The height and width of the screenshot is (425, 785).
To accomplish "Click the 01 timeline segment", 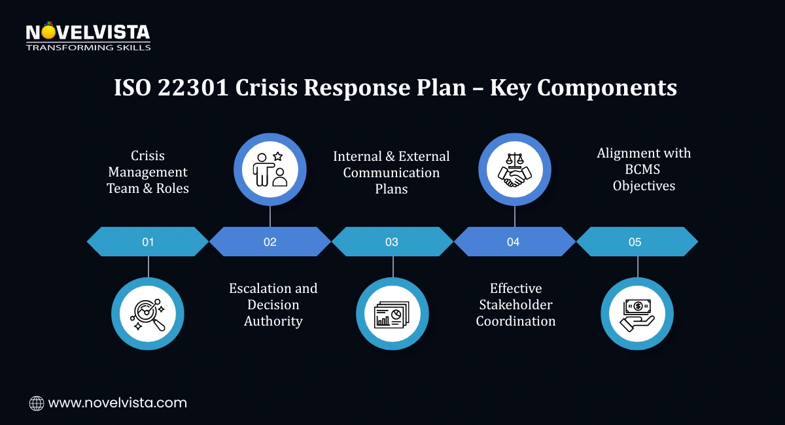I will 148,242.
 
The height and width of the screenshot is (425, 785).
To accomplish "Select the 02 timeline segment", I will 270,242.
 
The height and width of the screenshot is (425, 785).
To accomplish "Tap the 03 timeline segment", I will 391,242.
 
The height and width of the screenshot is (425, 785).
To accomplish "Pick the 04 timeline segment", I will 514,242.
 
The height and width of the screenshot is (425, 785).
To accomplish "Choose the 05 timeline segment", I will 635,242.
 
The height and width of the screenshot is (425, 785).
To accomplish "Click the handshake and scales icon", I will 515,170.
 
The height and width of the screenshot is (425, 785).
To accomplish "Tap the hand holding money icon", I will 637,313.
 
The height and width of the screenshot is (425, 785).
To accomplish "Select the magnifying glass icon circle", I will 148,313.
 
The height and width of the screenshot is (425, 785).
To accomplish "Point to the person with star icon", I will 270,170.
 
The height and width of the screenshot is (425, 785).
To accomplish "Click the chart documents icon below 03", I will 392,313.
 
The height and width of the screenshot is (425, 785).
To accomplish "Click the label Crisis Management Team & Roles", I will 148,172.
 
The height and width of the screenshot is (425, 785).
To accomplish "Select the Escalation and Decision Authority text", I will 273,305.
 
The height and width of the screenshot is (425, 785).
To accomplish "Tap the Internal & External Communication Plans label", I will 391,173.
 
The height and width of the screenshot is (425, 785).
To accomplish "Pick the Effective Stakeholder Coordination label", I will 515,305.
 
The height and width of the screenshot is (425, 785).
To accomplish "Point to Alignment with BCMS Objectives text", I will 644,169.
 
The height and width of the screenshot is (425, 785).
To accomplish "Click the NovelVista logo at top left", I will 88,37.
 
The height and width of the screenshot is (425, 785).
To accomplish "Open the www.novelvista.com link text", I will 118,403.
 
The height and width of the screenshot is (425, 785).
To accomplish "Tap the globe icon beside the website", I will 37,403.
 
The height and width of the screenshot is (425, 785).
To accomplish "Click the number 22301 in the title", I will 194,88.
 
